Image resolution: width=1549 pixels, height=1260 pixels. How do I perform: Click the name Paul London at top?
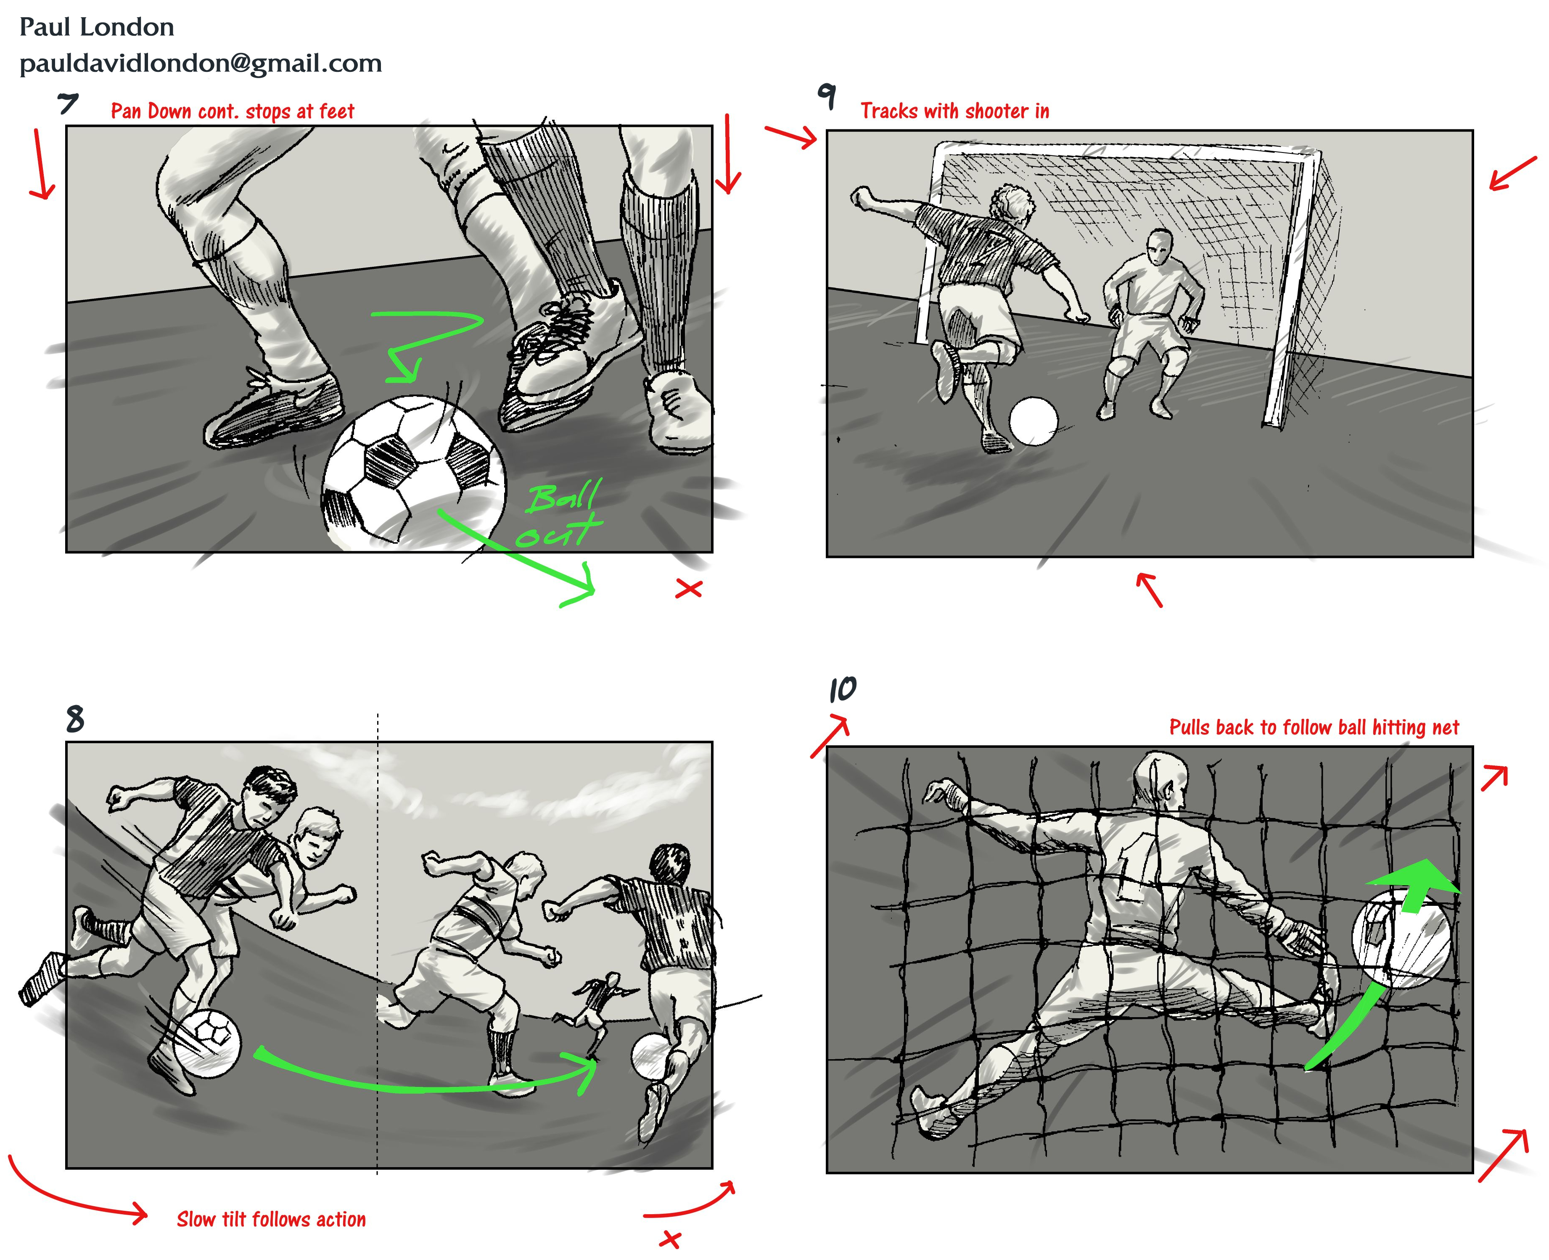(x=97, y=28)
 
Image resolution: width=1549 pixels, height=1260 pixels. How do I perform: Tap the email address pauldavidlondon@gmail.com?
(x=201, y=64)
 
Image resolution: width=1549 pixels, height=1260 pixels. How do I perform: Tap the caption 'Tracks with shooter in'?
(x=955, y=111)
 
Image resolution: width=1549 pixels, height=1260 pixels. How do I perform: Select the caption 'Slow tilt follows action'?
(x=272, y=1219)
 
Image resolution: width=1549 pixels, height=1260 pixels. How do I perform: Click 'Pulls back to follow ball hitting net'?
(x=1314, y=727)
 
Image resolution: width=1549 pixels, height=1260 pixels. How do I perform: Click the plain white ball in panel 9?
(x=1034, y=421)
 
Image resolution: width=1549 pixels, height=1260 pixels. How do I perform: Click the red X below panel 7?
(x=688, y=589)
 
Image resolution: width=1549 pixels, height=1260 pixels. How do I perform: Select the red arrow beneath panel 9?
(x=1150, y=589)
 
